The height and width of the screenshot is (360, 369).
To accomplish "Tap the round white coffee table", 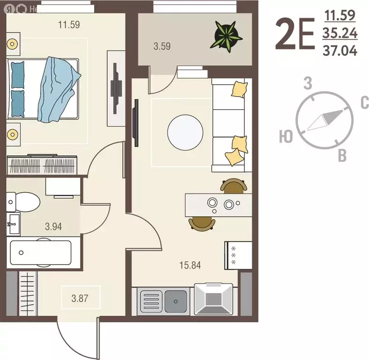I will (185, 133).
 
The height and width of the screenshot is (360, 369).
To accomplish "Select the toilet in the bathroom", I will (23, 202).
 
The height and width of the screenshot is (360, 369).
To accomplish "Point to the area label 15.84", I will (190, 265).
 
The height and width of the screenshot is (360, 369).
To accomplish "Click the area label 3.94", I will (53, 227).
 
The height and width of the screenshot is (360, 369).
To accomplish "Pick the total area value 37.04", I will (339, 50).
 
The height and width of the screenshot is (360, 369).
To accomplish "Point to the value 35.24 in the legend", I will (339, 33).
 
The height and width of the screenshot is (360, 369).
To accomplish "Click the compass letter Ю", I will (286, 136).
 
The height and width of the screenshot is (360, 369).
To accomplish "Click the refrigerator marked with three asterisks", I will (238, 255).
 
